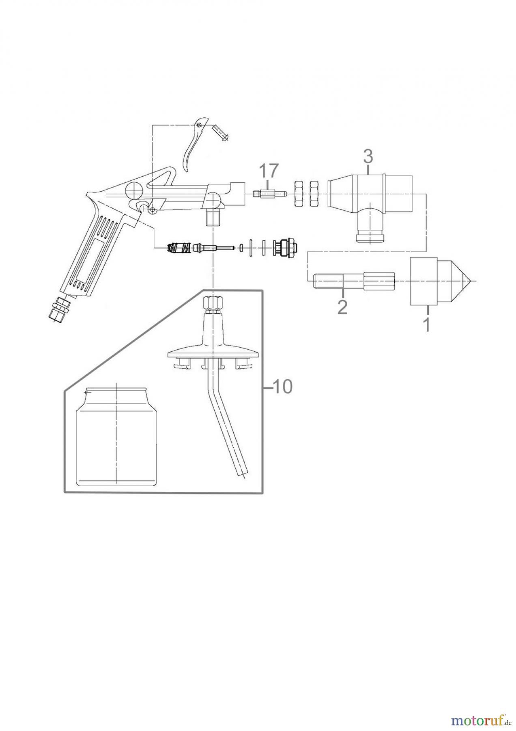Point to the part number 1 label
point(426,325)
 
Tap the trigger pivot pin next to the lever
point(221,132)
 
